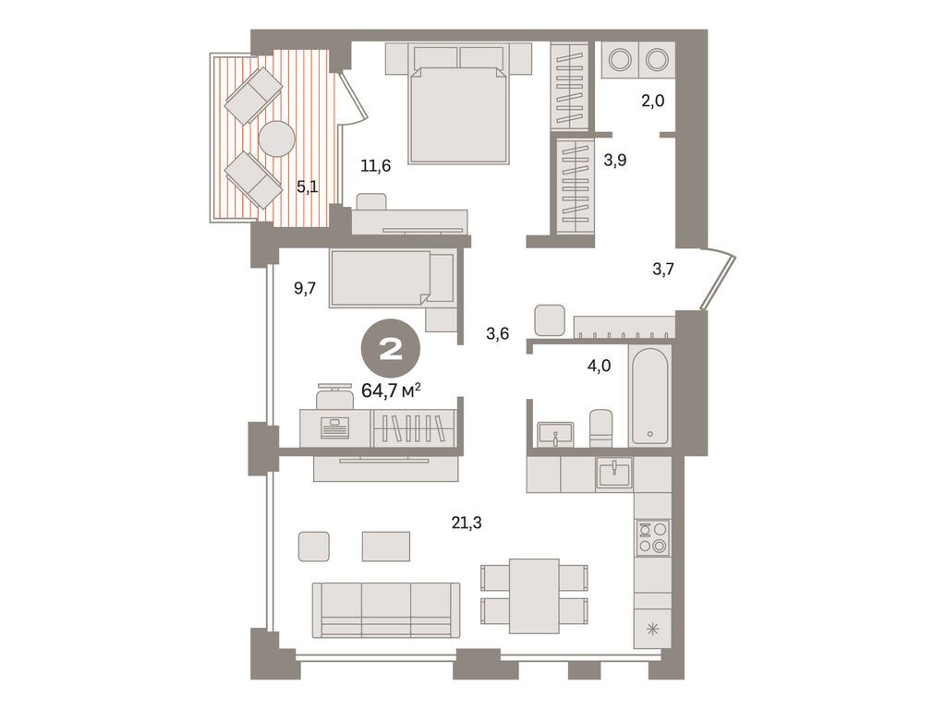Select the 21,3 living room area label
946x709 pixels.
(x=467, y=523)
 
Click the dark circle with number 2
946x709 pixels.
(x=391, y=349)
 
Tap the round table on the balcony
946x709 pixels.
(x=277, y=139)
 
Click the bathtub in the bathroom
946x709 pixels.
(x=654, y=395)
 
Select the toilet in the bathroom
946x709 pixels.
(x=600, y=427)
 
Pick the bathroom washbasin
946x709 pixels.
(x=556, y=433)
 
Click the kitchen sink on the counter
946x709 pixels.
(x=614, y=473)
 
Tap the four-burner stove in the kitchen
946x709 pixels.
(x=652, y=536)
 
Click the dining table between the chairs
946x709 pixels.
(x=534, y=595)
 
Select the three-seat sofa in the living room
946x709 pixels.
(x=386, y=608)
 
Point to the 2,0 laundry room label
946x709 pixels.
(x=653, y=101)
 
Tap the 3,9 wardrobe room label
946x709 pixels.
(x=615, y=160)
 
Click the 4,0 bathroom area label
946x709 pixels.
(x=600, y=365)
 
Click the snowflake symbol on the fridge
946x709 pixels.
(x=653, y=631)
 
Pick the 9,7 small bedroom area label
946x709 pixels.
(x=305, y=288)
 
